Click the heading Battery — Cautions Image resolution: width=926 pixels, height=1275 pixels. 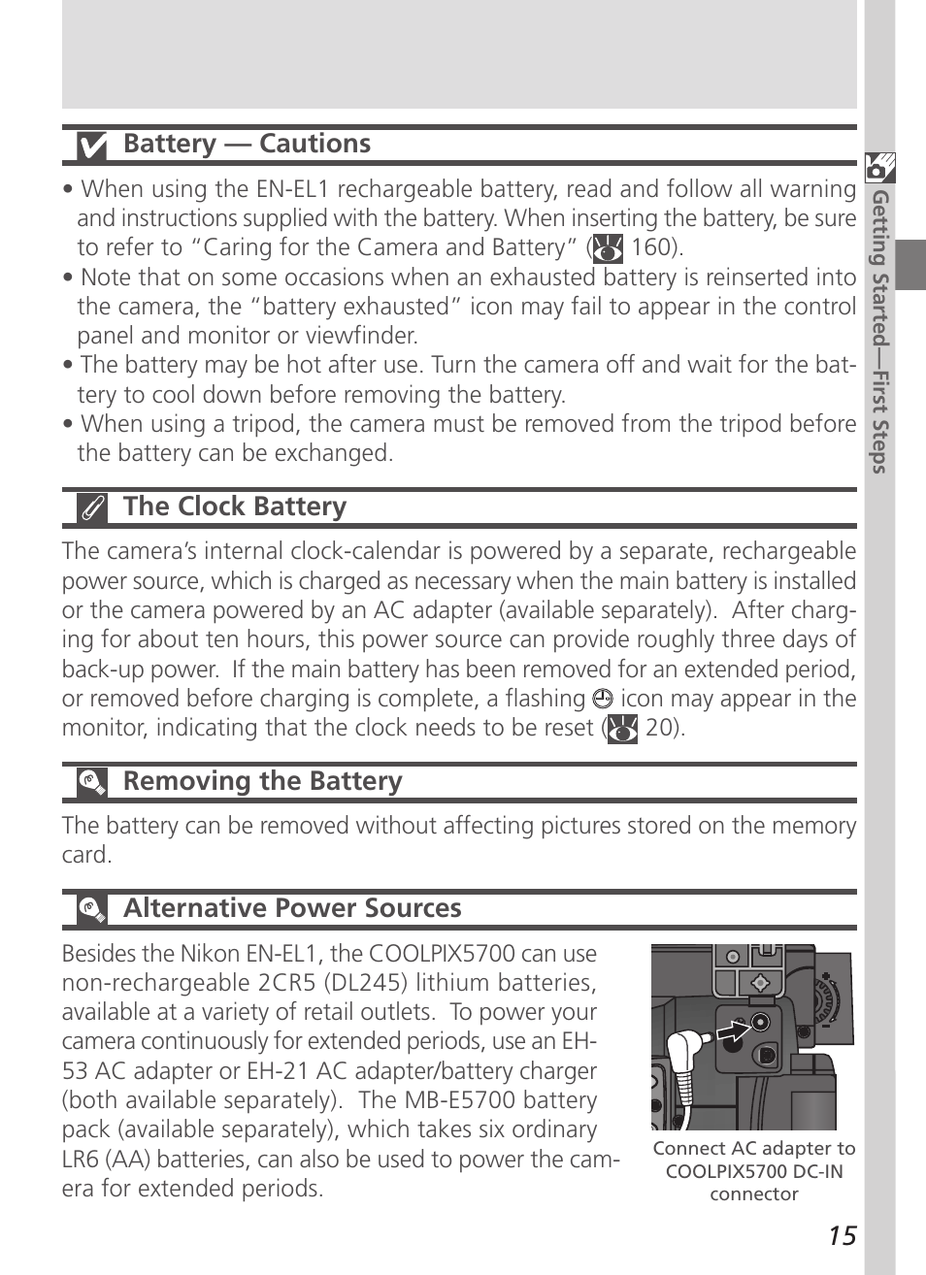247,144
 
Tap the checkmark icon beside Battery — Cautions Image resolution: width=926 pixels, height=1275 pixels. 92,146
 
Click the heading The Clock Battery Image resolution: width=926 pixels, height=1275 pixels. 234,507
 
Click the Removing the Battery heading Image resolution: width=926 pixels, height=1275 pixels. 262,781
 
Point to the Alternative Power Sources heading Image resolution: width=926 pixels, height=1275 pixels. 292,908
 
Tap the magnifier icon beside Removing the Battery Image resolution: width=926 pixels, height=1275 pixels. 92,782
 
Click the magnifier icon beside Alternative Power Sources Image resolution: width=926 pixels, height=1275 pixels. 92,909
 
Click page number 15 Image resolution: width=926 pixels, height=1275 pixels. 843,1235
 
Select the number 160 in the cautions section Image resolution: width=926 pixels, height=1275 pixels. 651,247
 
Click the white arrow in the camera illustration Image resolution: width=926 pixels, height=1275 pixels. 735,1030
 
